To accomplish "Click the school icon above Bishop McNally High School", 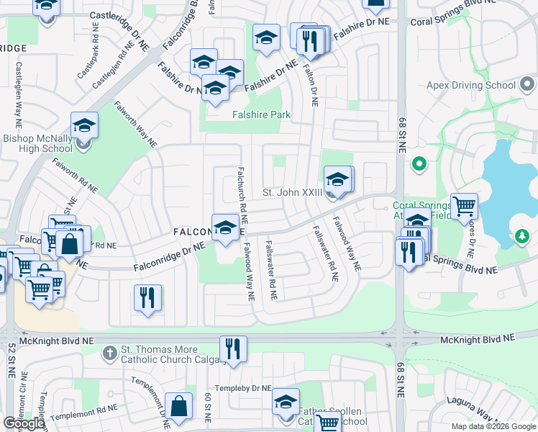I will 84,125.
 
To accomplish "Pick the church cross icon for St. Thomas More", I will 109,353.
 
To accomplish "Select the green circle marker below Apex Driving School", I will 419,165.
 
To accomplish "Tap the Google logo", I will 24,423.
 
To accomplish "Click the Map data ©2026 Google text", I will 493,426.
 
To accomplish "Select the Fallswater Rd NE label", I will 271,270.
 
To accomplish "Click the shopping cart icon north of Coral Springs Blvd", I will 464,206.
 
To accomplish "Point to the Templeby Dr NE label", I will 247,388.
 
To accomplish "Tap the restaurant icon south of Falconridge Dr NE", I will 147,297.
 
